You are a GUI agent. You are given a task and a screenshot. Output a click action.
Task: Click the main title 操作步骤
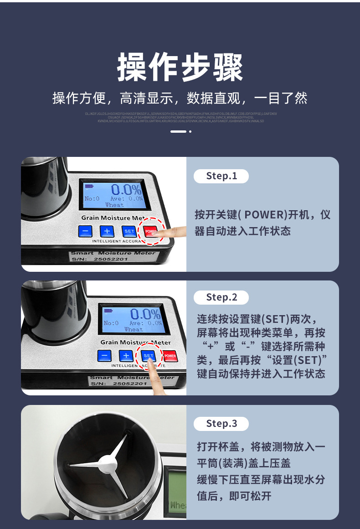pyautogui.click(x=180, y=67)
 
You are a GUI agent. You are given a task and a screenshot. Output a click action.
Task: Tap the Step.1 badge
pyautogui.click(x=221, y=176)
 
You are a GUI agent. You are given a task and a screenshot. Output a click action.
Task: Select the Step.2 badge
pyautogui.click(x=221, y=297)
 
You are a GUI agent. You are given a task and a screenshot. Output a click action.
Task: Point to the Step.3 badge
pyautogui.click(x=221, y=424)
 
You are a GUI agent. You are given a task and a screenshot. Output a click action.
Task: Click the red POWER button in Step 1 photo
pyautogui.click(x=151, y=231)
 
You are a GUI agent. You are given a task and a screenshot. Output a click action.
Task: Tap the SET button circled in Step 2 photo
pyautogui.click(x=149, y=355)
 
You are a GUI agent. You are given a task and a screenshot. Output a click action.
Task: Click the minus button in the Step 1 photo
pyautogui.click(x=85, y=231)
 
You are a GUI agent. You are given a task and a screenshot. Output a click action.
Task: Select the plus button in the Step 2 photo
pyautogui.click(x=126, y=356)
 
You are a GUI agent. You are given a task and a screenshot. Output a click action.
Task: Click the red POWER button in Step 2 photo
pyautogui.click(x=170, y=356)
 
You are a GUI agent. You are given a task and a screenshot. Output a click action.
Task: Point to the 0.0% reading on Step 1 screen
pyautogui.click(x=126, y=189)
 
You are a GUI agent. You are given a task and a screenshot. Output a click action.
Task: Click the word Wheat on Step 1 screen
pyautogui.click(x=114, y=205)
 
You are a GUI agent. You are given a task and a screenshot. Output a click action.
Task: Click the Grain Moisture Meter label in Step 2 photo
pyautogui.click(x=135, y=342)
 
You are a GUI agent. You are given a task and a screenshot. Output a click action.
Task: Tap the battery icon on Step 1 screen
pyautogui.click(x=88, y=186)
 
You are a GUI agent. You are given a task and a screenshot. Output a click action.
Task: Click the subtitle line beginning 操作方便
pyautogui.click(x=180, y=98)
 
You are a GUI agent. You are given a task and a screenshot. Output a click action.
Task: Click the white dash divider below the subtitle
pyautogui.click(x=178, y=131)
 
